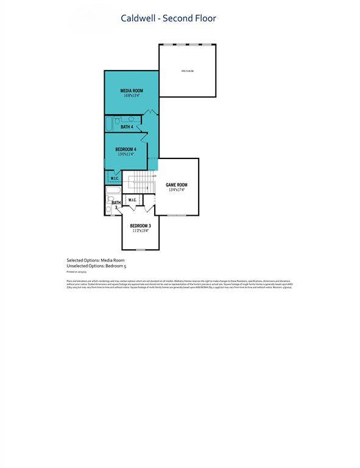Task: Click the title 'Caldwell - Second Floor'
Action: (x=169, y=18)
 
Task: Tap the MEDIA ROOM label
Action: (x=132, y=90)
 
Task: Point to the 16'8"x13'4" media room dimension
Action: (x=132, y=96)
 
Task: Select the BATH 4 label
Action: (x=127, y=127)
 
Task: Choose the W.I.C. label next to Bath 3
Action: (x=132, y=200)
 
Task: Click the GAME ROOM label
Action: (x=177, y=185)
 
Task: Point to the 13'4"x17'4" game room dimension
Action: (x=177, y=190)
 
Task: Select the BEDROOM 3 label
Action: (x=140, y=225)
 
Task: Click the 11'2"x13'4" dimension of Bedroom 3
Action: (x=140, y=231)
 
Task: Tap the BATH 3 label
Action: (x=116, y=204)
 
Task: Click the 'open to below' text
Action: (x=187, y=71)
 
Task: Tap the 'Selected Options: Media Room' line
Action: (x=98, y=260)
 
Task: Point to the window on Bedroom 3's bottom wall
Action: (x=140, y=250)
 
